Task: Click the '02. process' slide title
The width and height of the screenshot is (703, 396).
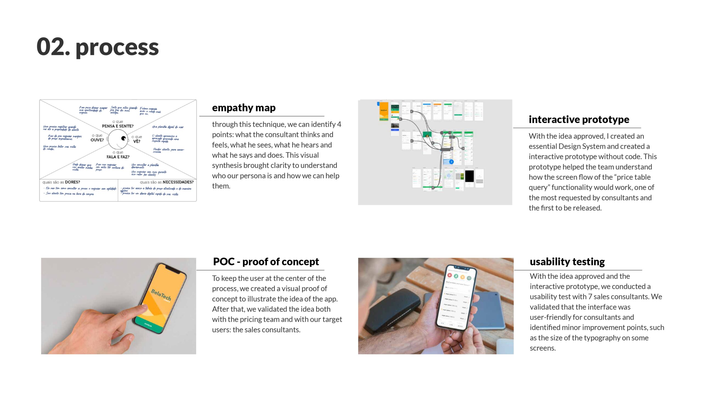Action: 97,47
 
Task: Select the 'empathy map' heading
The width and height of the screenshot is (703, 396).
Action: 244,108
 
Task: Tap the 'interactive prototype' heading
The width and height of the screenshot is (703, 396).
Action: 579,119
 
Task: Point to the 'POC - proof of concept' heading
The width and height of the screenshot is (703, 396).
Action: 266,262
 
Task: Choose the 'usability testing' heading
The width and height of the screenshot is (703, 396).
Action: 567,262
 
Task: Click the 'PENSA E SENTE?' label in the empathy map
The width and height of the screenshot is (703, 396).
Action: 118,126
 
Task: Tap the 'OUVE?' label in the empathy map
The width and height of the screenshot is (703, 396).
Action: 97,140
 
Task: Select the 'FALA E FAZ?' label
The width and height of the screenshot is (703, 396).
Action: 118,157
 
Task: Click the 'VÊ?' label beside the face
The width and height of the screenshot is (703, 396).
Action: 137,141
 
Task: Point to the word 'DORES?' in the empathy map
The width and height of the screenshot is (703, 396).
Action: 72,182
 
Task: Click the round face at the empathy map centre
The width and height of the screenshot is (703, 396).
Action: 118,139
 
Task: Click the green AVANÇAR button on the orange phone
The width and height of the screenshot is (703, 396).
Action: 149,325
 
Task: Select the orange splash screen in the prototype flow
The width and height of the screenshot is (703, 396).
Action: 384,111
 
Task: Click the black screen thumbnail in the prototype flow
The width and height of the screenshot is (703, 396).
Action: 469,176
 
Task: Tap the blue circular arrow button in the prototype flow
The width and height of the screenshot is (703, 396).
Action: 451,162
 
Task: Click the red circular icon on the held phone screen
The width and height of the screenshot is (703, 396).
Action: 450,275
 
